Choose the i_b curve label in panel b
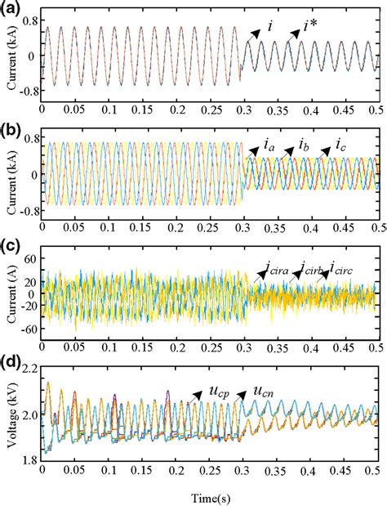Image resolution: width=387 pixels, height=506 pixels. click(304, 148)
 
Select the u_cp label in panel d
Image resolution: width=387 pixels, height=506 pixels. click(217, 392)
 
